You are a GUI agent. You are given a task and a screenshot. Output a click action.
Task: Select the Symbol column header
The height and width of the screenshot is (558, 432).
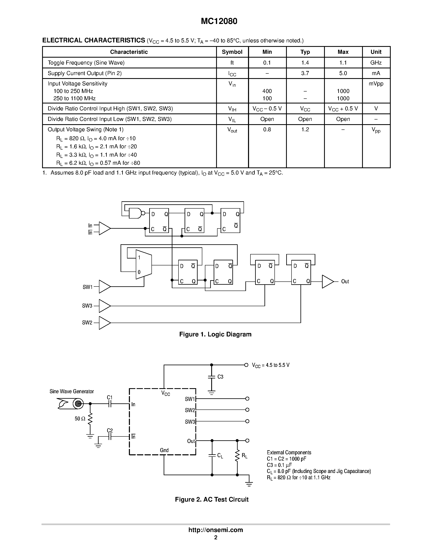click(x=232, y=52)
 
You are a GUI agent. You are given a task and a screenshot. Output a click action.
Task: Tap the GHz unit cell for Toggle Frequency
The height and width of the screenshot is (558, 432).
click(x=376, y=62)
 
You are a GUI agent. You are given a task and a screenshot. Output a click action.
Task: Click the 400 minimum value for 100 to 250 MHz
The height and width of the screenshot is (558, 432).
click(x=267, y=91)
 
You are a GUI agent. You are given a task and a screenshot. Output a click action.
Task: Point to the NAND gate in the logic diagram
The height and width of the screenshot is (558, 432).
click(x=135, y=213)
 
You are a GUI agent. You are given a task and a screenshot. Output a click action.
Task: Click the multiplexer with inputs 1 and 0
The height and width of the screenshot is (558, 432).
click(x=144, y=264)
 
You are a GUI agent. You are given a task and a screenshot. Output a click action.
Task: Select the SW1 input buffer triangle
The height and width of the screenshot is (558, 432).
click(x=104, y=287)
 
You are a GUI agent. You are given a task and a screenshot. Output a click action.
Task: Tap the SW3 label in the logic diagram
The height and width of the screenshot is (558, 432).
click(x=87, y=306)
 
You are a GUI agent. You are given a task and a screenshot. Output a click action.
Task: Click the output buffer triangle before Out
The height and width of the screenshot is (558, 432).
click(x=327, y=282)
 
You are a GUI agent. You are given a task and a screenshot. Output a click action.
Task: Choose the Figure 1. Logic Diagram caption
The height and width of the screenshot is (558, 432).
click(x=215, y=334)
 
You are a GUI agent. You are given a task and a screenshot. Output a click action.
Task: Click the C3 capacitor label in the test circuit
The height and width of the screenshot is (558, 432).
click(x=220, y=377)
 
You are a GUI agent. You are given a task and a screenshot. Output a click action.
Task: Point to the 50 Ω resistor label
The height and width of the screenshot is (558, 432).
click(x=80, y=419)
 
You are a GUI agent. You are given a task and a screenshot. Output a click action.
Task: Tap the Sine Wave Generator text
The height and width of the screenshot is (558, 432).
click(x=72, y=391)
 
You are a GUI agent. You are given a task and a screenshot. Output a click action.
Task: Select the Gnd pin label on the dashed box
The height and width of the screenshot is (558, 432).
click(x=164, y=450)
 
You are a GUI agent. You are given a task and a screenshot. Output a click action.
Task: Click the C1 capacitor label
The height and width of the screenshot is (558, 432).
click(x=110, y=397)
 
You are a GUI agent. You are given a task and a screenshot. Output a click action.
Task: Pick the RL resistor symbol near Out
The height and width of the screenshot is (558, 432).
click(x=237, y=456)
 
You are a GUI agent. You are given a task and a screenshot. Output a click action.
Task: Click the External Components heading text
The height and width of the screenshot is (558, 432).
click(x=289, y=452)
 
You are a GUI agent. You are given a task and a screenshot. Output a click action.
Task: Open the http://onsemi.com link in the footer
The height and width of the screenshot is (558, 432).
click(x=215, y=530)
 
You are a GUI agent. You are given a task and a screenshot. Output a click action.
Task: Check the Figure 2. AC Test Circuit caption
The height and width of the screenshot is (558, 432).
click(x=212, y=500)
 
